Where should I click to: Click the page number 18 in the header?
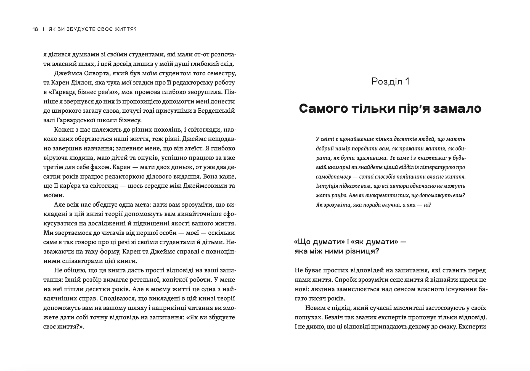pos(35,29)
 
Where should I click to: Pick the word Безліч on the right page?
pos(332,317)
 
